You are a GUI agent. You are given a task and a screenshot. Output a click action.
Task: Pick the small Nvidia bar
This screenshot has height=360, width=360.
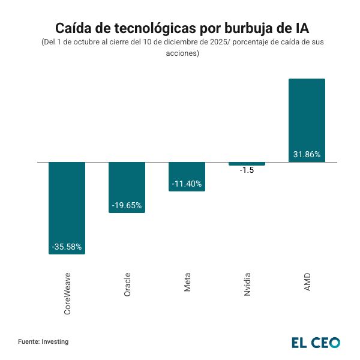pyautogui.click(x=247, y=164)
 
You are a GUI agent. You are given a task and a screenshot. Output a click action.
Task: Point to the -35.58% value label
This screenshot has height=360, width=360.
pyautogui.click(x=67, y=247)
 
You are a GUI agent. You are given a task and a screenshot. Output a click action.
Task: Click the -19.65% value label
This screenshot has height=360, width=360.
pyautogui.click(x=127, y=205)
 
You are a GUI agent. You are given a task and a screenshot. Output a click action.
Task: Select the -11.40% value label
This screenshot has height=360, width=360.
pyautogui.click(x=187, y=184)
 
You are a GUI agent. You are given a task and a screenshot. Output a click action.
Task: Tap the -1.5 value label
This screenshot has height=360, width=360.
pyautogui.click(x=247, y=170)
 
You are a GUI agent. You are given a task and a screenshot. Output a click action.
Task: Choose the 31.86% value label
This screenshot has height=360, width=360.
pyautogui.click(x=307, y=154)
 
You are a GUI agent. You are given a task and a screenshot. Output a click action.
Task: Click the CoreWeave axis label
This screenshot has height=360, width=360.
pyautogui.click(x=67, y=293)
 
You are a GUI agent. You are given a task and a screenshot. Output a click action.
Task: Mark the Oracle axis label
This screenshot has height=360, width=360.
pyautogui.click(x=127, y=285)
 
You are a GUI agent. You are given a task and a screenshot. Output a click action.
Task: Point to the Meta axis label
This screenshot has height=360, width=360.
pyautogui.click(x=187, y=283)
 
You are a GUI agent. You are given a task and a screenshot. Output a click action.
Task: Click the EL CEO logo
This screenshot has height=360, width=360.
pyautogui.click(x=316, y=343)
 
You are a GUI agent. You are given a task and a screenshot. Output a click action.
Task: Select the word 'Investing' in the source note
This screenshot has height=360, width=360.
pyautogui.click(x=55, y=341)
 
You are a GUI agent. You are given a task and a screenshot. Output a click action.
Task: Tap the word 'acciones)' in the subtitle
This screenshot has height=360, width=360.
pyautogui.click(x=182, y=53)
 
